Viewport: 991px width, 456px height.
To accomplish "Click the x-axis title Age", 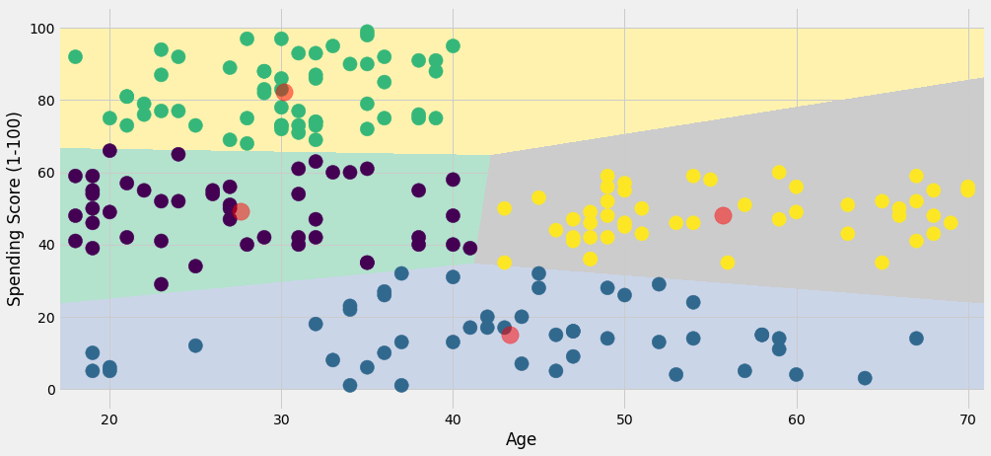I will click(x=521, y=440).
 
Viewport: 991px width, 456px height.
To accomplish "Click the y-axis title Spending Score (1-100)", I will click(x=16, y=207).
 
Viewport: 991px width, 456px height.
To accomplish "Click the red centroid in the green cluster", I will click(x=283, y=92).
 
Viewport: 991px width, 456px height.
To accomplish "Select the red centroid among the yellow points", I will click(x=723, y=215).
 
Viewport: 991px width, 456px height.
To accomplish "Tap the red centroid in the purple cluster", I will click(x=241, y=211).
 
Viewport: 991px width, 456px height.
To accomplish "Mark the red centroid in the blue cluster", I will click(x=510, y=335).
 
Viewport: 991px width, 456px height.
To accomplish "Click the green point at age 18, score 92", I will click(x=75, y=57).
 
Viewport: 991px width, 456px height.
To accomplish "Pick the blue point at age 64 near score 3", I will click(x=865, y=378).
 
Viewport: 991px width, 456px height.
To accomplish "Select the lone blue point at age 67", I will click(x=916, y=339).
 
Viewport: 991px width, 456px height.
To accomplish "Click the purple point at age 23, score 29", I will click(x=161, y=284).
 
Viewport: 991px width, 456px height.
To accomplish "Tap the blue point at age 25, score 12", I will click(x=195, y=345).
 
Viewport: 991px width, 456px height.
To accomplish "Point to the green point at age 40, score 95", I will click(x=453, y=46).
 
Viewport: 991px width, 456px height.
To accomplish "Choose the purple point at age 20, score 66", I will click(x=109, y=151).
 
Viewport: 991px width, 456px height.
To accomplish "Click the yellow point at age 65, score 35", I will click(x=882, y=263).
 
